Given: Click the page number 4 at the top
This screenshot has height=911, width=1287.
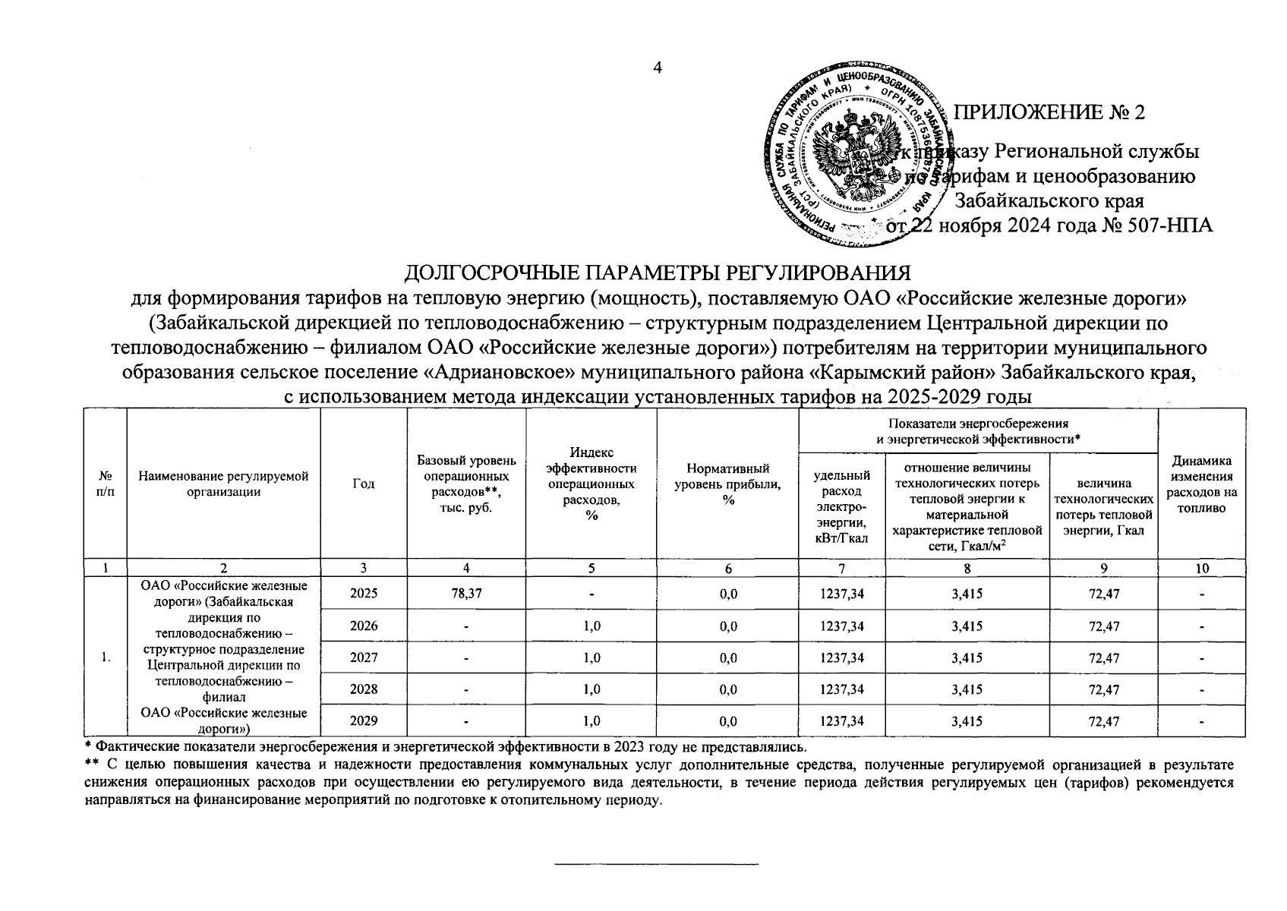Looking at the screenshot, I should click(x=658, y=68).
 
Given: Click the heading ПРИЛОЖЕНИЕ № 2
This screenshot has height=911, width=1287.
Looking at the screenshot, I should click(x=1049, y=112).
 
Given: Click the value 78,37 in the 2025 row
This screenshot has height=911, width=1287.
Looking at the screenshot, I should click(x=467, y=594).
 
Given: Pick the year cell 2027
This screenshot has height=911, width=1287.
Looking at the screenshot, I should click(x=364, y=657).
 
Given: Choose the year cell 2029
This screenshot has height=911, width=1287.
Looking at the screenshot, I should click(x=364, y=721).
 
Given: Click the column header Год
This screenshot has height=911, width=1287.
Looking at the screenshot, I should click(x=364, y=484).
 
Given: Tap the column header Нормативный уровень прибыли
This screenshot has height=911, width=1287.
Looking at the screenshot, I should click(x=727, y=484).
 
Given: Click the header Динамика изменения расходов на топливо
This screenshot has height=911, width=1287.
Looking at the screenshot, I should click(x=1201, y=484).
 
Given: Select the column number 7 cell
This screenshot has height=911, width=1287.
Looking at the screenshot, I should click(x=842, y=568).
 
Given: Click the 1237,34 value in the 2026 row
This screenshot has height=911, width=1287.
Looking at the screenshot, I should click(x=842, y=626).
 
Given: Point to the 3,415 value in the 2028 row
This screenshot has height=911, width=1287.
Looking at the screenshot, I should click(x=967, y=689).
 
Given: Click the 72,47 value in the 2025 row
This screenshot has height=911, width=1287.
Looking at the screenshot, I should click(x=1103, y=594).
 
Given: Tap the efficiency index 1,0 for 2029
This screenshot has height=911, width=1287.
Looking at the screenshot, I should click(x=592, y=721).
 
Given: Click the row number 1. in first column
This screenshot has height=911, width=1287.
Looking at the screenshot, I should click(x=105, y=657).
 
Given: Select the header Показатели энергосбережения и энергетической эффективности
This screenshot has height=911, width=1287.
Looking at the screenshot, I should click(x=978, y=430).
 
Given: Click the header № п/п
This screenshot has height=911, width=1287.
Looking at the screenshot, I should click(x=105, y=484).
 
